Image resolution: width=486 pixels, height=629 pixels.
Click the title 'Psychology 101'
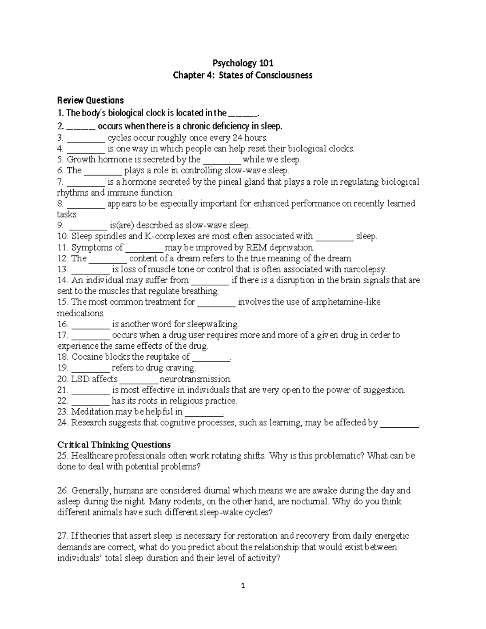[x=243, y=63]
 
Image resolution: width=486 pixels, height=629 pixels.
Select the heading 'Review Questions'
[x=90, y=100]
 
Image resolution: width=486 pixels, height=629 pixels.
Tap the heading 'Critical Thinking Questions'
[x=114, y=444]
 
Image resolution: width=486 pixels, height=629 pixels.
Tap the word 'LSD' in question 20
[x=80, y=379]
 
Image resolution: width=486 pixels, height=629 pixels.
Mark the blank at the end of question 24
[x=400, y=423]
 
